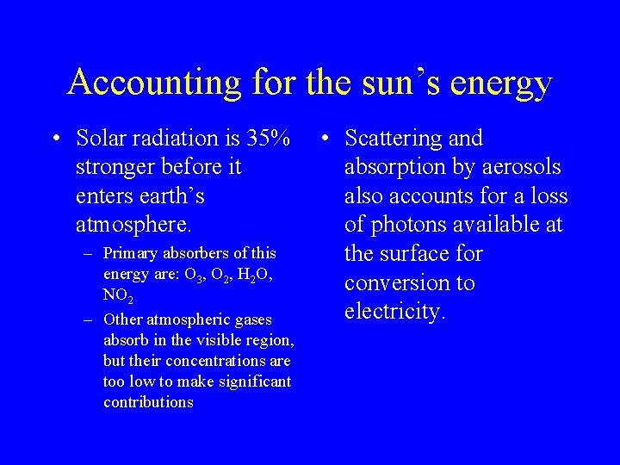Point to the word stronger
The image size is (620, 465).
pos(116,166)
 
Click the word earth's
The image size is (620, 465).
pos(170,195)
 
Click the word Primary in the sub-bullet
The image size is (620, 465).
pos(131,253)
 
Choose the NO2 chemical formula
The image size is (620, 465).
pos(117,295)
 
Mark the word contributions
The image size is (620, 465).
pos(148,402)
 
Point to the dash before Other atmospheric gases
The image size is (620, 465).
pos(89,319)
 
